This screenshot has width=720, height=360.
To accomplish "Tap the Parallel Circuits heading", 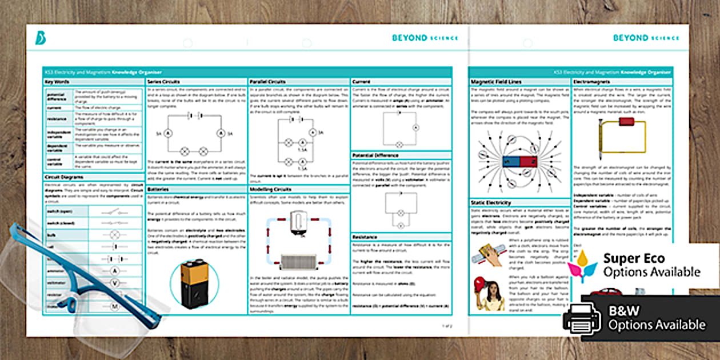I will pos(269,82).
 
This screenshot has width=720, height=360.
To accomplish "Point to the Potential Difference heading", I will pos(376,155).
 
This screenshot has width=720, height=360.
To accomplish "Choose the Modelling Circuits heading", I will pos(270,189).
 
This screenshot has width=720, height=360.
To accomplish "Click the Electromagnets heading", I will pos(590,82).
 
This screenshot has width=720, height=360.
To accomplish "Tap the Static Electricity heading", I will pos(491,203).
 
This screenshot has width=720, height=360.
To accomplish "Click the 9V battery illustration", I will pos(194,284).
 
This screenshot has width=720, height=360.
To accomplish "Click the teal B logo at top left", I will pos(41,38).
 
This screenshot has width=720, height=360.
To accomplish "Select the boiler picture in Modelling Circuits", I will pos(299,223).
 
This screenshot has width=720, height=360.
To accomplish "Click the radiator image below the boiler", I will pos(299,261).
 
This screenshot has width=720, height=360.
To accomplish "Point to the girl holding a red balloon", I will pos(486,293).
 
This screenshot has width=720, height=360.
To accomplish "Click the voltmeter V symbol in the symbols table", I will pos(114,283).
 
